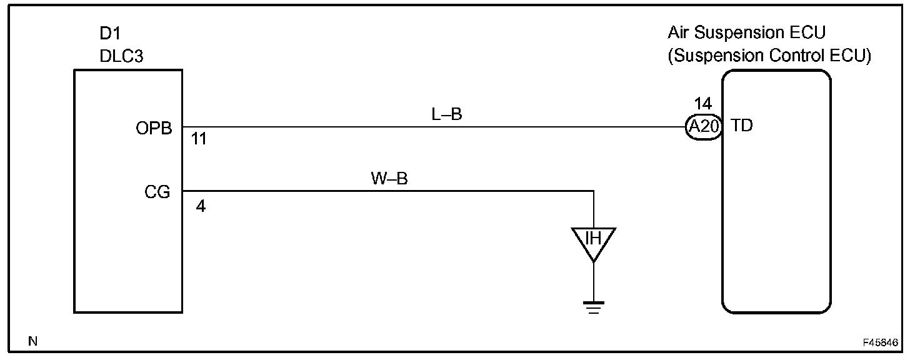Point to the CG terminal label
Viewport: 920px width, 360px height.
157,192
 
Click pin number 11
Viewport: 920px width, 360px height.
199,139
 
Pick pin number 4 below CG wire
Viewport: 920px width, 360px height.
200,206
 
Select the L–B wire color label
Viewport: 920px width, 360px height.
447,114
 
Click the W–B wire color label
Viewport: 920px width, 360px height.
389,179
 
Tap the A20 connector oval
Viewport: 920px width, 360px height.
704,127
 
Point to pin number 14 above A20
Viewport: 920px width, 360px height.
702,104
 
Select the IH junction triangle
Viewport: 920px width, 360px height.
593,241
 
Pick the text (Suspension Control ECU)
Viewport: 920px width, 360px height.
769,56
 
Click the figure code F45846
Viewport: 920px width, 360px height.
880,343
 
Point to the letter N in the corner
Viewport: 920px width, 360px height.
33,341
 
